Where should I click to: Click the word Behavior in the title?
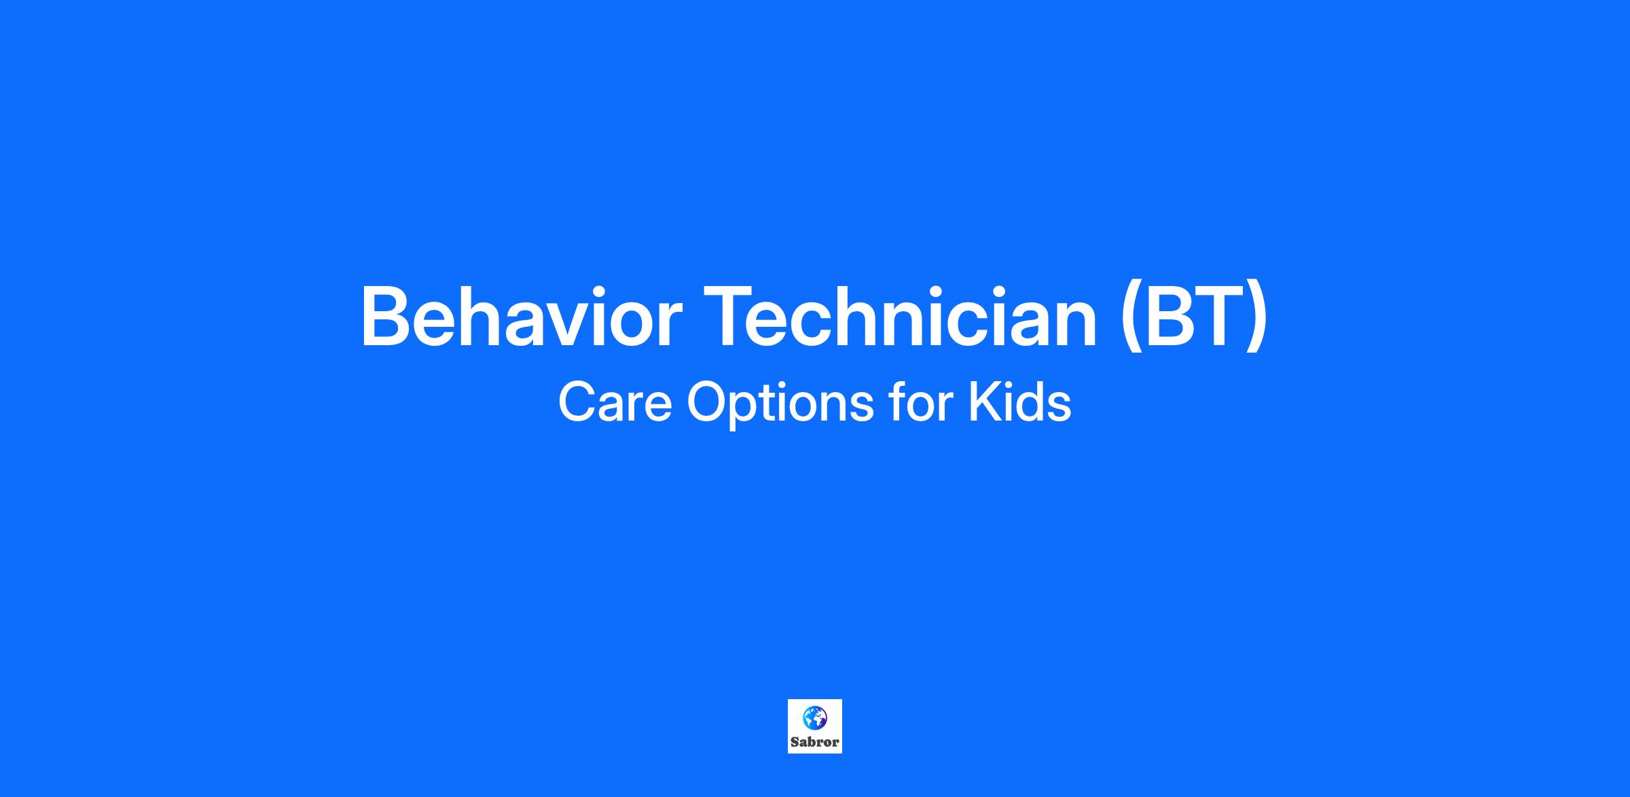521,317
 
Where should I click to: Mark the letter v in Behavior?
561,325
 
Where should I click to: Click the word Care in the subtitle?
615,403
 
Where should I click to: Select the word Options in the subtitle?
780,404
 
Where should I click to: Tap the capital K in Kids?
983,403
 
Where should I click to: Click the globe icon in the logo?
814,717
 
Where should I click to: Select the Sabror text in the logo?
815,742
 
